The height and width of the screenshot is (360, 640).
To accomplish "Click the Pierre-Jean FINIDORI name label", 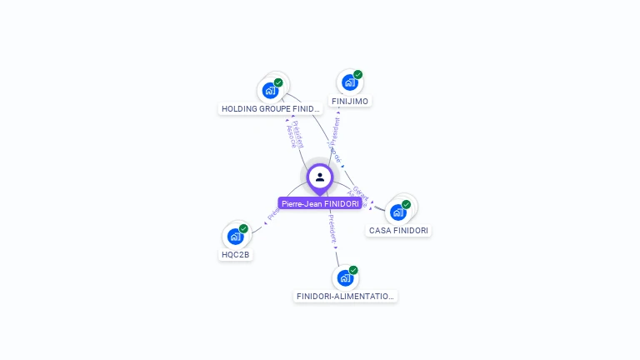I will pyautogui.click(x=320, y=203).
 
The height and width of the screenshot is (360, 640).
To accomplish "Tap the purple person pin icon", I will pyautogui.click(x=320, y=177).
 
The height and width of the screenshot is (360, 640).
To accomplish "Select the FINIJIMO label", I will pyautogui.click(x=350, y=101).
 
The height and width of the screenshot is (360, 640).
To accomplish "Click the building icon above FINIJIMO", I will pyautogui.click(x=349, y=82).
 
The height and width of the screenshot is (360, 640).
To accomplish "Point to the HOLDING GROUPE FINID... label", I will pyautogui.click(x=271, y=108).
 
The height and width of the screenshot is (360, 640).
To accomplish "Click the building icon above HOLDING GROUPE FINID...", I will pyautogui.click(x=269, y=90).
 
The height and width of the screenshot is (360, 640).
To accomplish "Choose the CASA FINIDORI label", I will pyautogui.click(x=399, y=230).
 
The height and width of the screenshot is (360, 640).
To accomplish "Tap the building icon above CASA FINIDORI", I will pyautogui.click(x=397, y=212).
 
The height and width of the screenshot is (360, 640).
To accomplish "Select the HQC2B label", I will pyautogui.click(x=235, y=254).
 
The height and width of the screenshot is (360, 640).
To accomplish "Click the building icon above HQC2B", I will pyautogui.click(x=235, y=236).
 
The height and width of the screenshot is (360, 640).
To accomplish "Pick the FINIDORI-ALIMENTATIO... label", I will pyautogui.click(x=346, y=296).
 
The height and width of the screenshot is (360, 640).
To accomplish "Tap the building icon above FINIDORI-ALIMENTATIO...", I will pyautogui.click(x=345, y=277).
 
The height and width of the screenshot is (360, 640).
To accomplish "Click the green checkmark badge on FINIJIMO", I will pyautogui.click(x=358, y=74).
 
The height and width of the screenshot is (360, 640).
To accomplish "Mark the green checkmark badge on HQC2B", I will pyautogui.click(x=243, y=228).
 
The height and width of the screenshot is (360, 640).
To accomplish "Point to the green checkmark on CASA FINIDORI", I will pyautogui.click(x=406, y=204).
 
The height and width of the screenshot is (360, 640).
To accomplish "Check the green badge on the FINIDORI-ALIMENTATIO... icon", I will pyautogui.click(x=353, y=270).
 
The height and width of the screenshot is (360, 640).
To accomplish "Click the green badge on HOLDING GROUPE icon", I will pyautogui.click(x=278, y=82).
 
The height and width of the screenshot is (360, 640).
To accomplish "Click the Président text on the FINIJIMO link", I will pyautogui.click(x=335, y=131).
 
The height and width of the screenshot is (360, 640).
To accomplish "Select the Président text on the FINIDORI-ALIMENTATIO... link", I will pyautogui.click(x=331, y=227).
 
